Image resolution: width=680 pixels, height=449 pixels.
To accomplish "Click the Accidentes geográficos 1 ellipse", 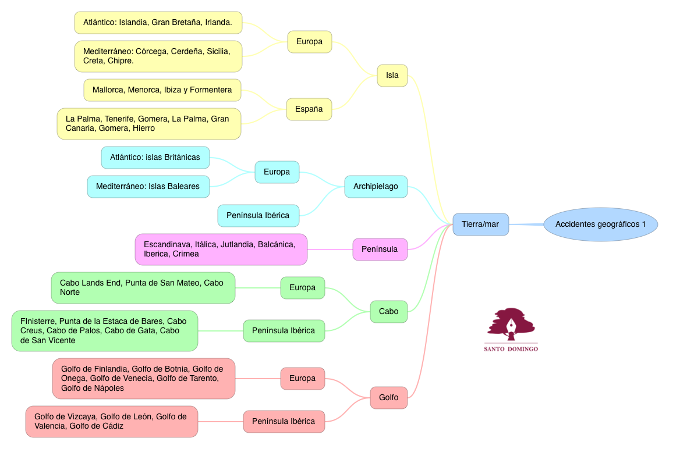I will coord(600,224).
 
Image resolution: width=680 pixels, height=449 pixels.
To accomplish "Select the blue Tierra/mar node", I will coord(480,224).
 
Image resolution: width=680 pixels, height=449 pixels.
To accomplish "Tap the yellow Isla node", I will coord(392,76).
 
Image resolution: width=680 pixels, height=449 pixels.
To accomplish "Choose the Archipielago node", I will coord(376,187).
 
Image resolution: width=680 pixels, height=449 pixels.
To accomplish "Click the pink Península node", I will coord(380,249).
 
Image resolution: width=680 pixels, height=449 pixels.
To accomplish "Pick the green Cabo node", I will coord(388,311).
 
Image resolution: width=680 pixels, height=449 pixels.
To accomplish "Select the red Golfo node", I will coord(388,398).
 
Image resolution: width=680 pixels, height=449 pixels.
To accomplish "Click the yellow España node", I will coord(309,109).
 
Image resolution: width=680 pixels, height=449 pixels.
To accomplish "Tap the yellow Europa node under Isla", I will coord(309,42).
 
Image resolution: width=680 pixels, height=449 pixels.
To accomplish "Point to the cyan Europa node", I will coord(277,172).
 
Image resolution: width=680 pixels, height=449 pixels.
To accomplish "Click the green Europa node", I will coord(302,288).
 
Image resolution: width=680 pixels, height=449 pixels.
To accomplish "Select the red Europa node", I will coord(302,379).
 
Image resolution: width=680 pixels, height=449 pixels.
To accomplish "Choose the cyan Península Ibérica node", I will coord(258,216).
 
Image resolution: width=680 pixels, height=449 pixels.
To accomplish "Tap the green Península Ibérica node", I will coord(284,330).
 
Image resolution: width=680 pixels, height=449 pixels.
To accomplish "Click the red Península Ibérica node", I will coord(284,421).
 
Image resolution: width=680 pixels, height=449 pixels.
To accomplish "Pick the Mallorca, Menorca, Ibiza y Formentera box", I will coord(162,90).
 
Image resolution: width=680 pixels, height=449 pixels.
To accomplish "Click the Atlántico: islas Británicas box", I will coord(155,158).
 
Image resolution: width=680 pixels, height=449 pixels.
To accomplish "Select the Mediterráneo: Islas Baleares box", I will coord(148,187).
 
